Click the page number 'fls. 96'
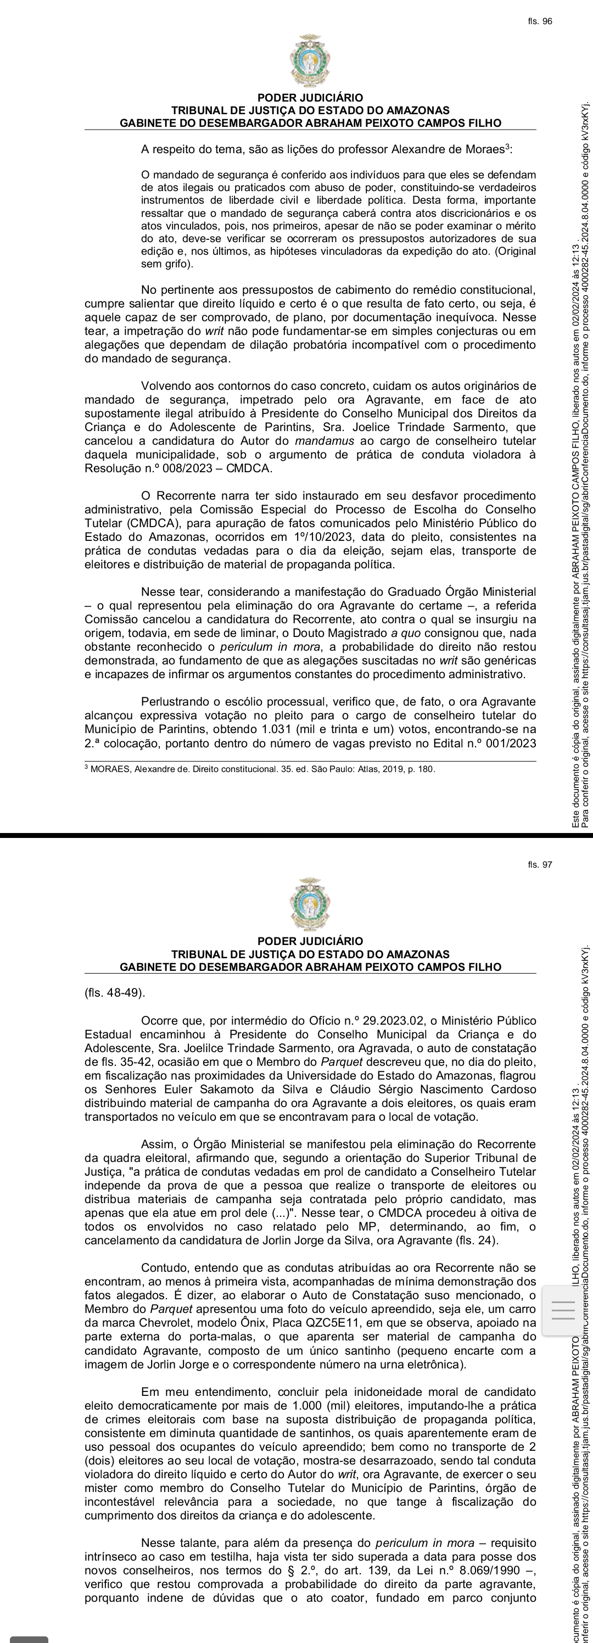click(x=539, y=21)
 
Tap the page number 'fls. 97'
click(x=539, y=864)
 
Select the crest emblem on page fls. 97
click(x=310, y=904)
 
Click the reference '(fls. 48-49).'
click(x=115, y=993)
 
